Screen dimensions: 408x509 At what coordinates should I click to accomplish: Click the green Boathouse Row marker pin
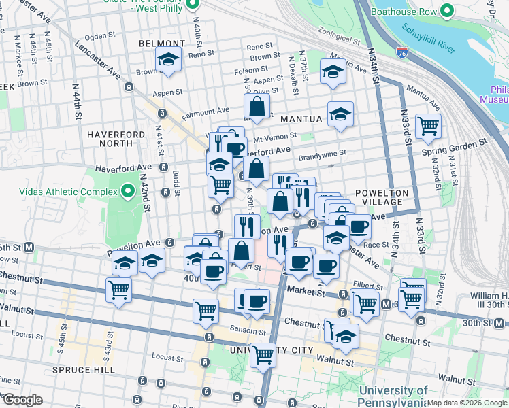point(447,11)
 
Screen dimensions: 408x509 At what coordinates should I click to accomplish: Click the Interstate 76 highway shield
point(401,52)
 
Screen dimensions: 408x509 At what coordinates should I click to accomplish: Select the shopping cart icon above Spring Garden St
point(428,125)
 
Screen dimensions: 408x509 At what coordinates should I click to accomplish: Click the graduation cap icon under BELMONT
point(168,60)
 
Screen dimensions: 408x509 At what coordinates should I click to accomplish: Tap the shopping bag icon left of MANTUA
point(257,106)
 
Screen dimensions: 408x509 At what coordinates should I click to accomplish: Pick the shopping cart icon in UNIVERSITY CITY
point(263,354)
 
